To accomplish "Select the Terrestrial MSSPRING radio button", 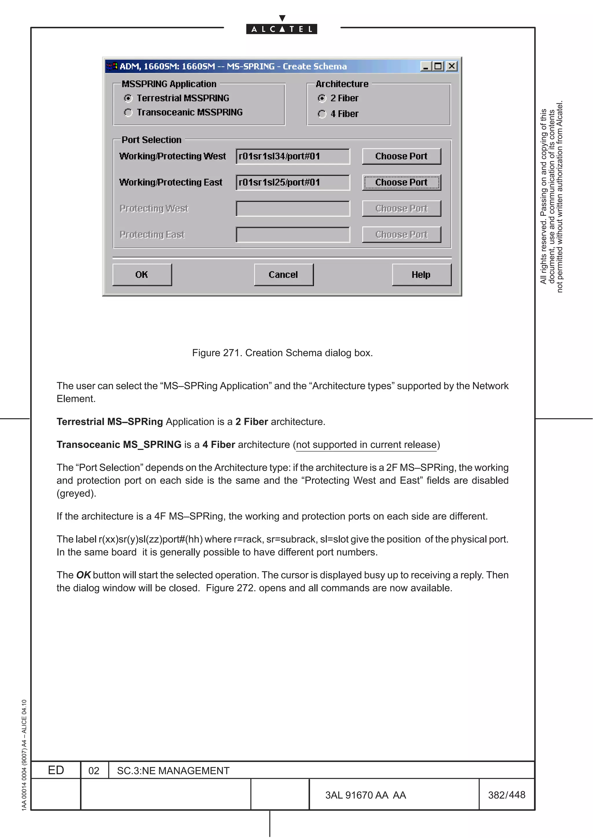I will pos(128,98).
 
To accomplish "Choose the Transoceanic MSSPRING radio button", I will pos(128,113).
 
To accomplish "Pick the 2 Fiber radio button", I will pos(321,99).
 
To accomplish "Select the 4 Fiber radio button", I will pos(321,114).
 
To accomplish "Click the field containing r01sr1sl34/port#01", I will pos(293,156).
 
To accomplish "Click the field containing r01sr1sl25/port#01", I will pos(293,182).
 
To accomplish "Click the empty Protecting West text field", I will pos(293,209).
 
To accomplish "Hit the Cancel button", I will pos(283,275).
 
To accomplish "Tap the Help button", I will pos(421,275).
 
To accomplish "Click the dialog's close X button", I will pos(452,66).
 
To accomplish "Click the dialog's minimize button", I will pos(425,66).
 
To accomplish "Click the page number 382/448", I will pos(506,795).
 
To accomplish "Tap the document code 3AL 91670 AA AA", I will pos(365,795).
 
